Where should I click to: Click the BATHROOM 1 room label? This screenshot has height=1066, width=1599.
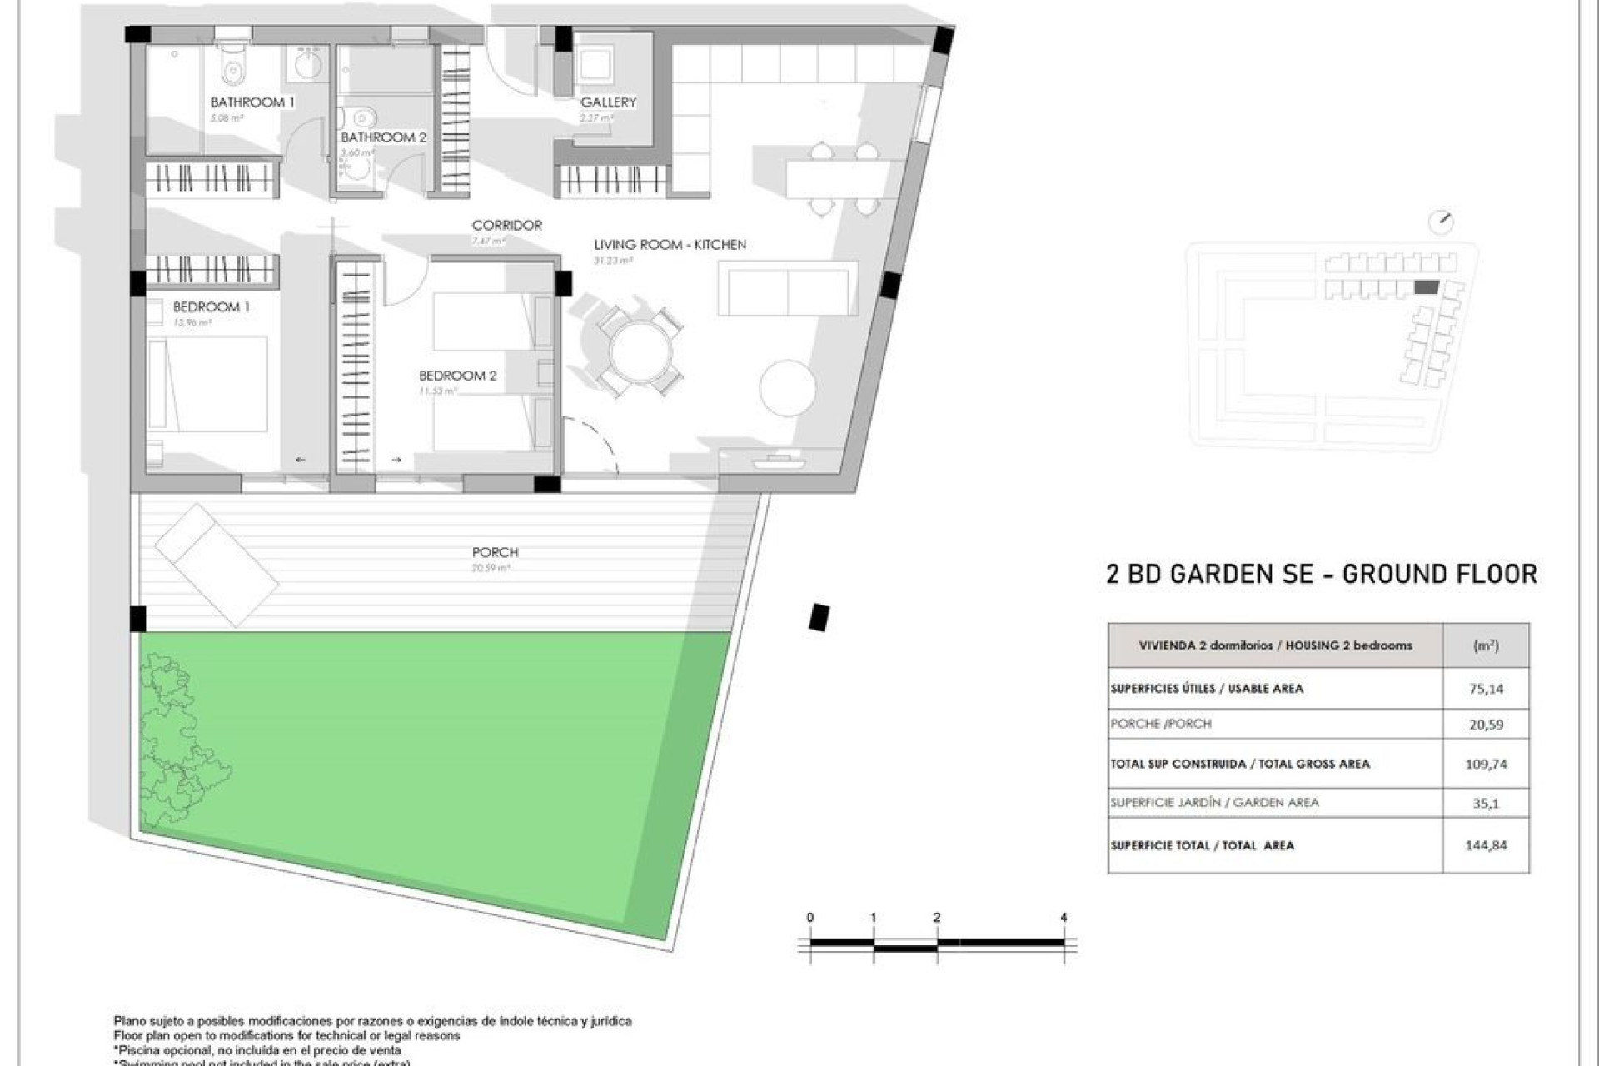(252, 102)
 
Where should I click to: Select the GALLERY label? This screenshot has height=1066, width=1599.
(608, 102)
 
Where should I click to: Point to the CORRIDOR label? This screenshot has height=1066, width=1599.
(506, 225)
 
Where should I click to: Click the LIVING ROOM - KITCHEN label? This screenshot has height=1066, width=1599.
(670, 244)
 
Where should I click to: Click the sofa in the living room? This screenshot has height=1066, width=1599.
(787, 288)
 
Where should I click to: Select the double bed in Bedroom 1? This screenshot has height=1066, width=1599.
(208, 384)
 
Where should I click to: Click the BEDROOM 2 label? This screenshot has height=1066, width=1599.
(457, 376)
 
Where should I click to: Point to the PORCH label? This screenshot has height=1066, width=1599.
(495, 552)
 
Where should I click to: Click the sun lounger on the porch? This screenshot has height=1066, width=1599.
(217, 564)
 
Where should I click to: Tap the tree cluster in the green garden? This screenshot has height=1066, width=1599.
(179, 741)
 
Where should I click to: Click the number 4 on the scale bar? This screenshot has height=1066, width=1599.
(1064, 918)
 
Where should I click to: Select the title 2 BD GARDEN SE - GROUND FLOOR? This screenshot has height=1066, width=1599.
(1322, 574)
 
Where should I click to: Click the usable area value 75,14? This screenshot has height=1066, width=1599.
(1486, 689)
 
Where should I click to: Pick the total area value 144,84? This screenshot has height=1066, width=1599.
(1486, 845)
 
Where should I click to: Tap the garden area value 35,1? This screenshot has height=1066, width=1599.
(1486, 804)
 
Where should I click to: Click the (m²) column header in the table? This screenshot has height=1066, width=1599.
(1486, 645)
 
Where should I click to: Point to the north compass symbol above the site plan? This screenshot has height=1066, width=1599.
(1441, 222)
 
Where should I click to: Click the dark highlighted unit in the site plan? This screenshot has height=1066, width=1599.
(1427, 287)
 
